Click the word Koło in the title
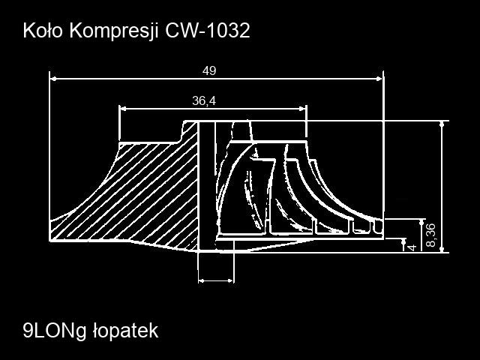pos(43,31)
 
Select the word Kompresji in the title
pos(114,31)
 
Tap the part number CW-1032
pos(208,31)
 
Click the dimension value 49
pos(209,71)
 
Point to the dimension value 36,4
pos(204,100)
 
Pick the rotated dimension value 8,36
pos(431,235)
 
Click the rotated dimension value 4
pos(412,247)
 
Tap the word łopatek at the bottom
pos(125,331)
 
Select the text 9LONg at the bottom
pos(55,331)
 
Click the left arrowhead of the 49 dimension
pos(53,79)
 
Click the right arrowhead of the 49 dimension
pos(379,79)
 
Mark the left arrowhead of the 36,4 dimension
pos(123,109)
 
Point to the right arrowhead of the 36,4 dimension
pos(302,109)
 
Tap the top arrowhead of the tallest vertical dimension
pos(442,124)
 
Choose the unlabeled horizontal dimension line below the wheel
pos(216,280)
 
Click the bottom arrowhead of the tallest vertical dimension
pos(442,249)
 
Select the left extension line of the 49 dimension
pos(49,156)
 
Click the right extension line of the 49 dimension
pos(383,153)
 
